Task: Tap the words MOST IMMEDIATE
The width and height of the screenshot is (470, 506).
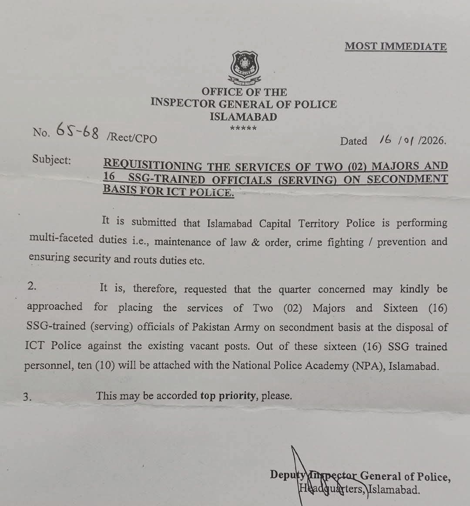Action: [x=396, y=47]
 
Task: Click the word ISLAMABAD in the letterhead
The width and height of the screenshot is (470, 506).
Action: [x=243, y=117]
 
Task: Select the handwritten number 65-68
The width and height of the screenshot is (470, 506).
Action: [x=77, y=131]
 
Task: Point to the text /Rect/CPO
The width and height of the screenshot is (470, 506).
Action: [x=131, y=137]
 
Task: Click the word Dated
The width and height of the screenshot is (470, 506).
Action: [x=353, y=141]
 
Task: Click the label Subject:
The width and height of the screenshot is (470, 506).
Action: [x=51, y=160]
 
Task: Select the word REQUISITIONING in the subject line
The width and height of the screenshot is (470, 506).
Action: [x=153, y=165]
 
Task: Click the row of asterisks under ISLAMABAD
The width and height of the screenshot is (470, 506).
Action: [x=243, y=128]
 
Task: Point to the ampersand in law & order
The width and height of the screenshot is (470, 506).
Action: [x=255, y=242]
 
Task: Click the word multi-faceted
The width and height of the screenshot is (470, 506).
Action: [x=61, y=239]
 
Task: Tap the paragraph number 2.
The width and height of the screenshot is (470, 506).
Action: [x=31, y=286]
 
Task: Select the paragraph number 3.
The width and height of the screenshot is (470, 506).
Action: [x=27, y=396]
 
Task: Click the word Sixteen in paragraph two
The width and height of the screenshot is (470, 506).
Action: [x=400, y=308]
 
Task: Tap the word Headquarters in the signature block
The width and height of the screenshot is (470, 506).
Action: [x=332, y=489]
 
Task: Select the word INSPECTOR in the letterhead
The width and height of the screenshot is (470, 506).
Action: [x=183, y=104]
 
